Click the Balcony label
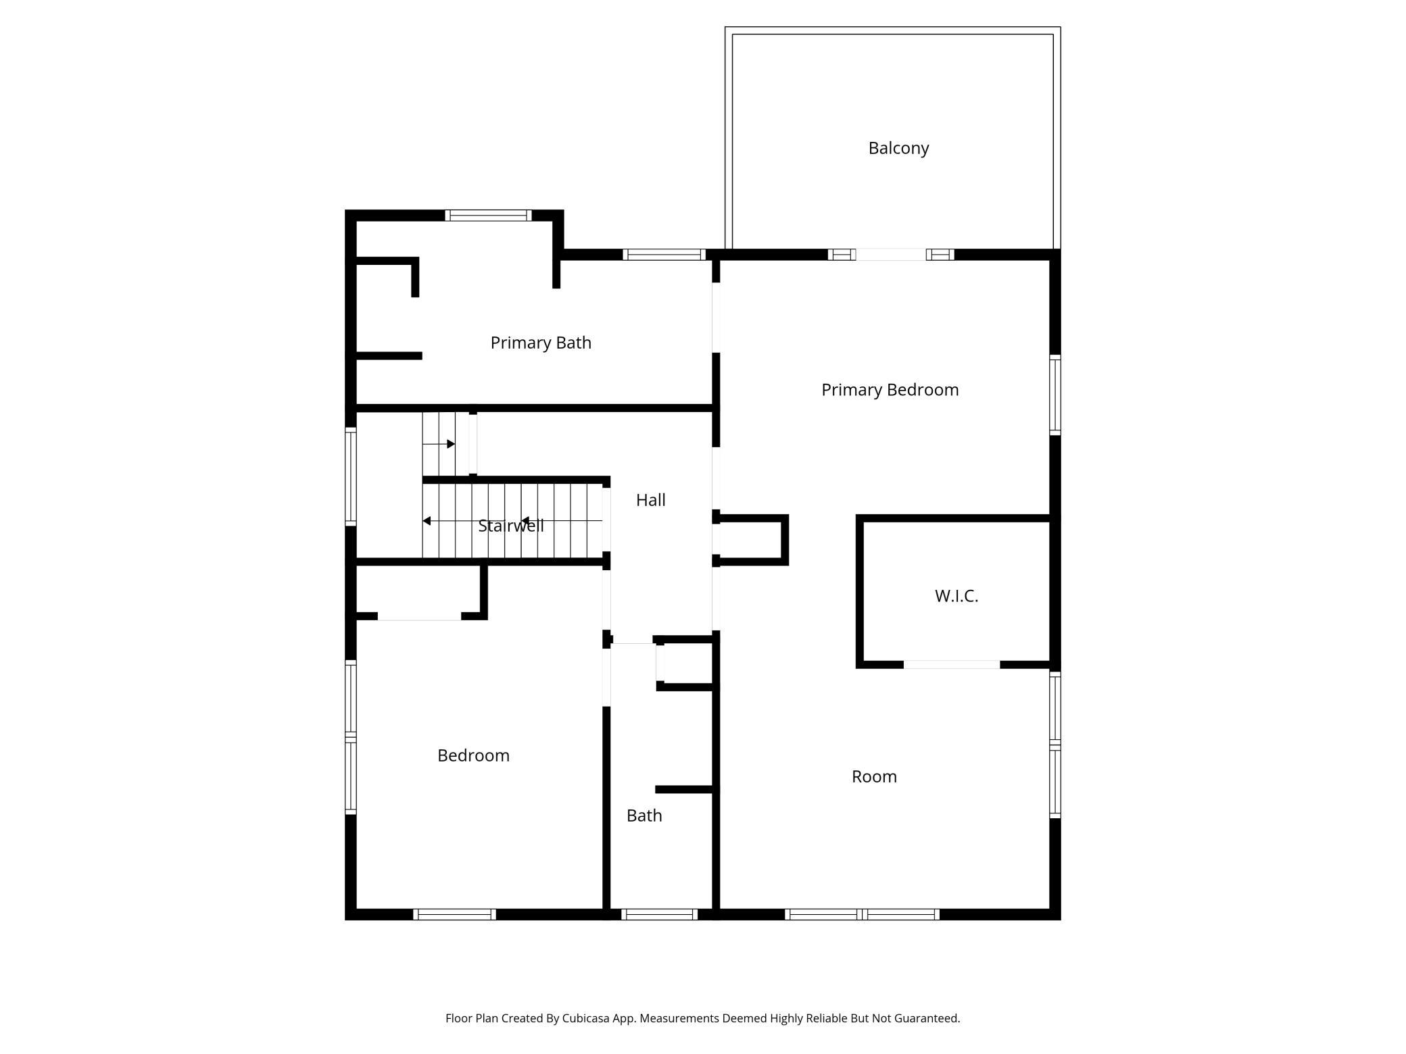click(x=898, y=148)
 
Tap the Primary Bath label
click(x=541, y=343)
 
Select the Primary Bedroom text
click(x=890, y=390)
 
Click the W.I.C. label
click(x=956, y=596)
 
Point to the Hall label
click(x=650, y=500)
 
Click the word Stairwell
click(x=510, y=526)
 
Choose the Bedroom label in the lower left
click(x=473, y=755)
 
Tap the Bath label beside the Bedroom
click(x=644, y=815)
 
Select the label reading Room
click(x=874, y=776)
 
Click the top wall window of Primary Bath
click(x=488, y=216)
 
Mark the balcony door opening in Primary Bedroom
click(x=891, y=255)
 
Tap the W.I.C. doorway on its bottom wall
click(x=951, y=665)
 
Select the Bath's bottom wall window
click(x=659, y=914)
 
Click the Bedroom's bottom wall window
click(x=454, y=914)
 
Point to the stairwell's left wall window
click(x=351, y=476)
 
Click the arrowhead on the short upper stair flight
click(x=451, y=444)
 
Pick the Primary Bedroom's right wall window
click(x=1054, y=395)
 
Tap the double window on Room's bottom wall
click(x=862, y=914)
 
